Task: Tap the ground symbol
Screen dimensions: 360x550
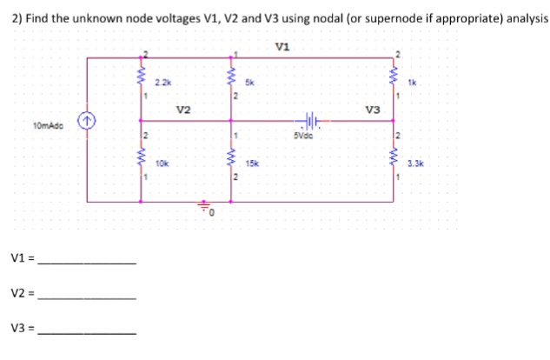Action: coord(207,210)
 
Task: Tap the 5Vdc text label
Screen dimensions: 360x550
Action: coord(305,136)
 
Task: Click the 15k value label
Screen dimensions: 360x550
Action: coord(253,163)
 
